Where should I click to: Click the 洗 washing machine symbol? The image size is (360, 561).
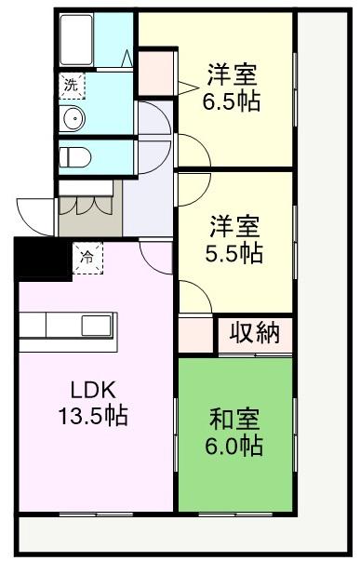pyautogui.click(x=72, y=86)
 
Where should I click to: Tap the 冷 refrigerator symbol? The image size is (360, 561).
pyautogui.click(x=87, y=258)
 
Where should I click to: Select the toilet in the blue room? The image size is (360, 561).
pyautogui.click(x=75, y=157)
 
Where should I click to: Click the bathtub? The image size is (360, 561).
pyautogui.click(x=76, y=39)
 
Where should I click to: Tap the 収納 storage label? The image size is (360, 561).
pyautogui.click(x=255, y=333)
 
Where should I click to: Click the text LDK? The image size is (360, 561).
pyautogui.click(x=93, y=390)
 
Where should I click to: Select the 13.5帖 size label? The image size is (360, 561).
pyautogui.click(x=93, y=415)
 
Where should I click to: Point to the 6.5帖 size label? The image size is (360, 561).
pyautogui.click(x=232, y=101)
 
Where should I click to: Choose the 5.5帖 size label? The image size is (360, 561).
pyautogui.click(x=233, y=253)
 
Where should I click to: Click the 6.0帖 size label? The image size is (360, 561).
pyautogui.click(x=234, y=445)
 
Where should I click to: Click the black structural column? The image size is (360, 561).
pyautogui.click(x=41, y=259)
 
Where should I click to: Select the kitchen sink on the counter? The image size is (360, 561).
pyautogui.click(x=97, y=326)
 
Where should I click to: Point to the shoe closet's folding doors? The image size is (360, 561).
pyautogui.click(x=87, y=206)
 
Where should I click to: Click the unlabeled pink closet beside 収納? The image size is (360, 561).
pyautogui.click(x=196, y=335)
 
